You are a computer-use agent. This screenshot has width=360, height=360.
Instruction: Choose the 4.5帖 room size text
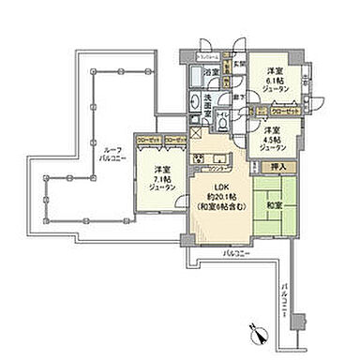point(273,139)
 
